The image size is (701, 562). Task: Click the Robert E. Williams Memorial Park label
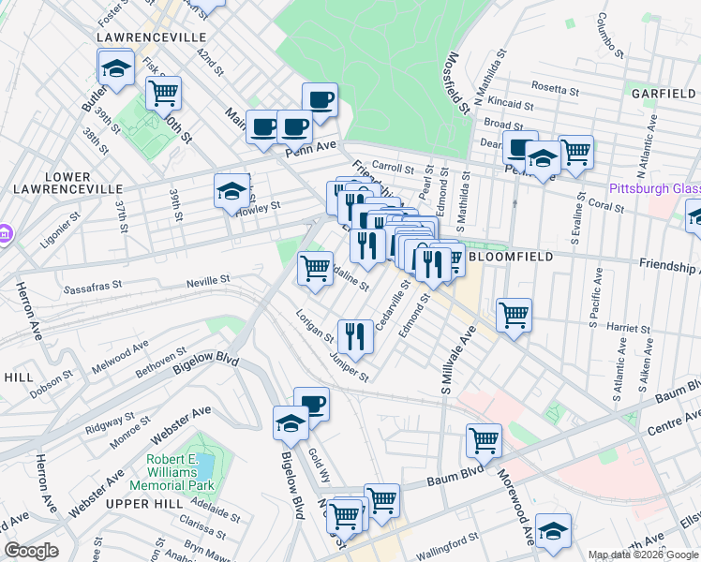tap(180, 473)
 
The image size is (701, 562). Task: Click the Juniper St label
tap(346, 367)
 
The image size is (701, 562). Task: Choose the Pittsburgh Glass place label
tap(654, 188)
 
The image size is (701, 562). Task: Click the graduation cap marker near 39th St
tap(116, 68)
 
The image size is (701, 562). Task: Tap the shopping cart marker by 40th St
tap(163, 94)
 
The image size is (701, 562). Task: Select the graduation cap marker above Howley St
tap(231, 192)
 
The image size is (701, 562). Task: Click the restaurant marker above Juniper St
tap(355, 336)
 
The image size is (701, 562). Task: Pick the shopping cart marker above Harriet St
tap(514, 315)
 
